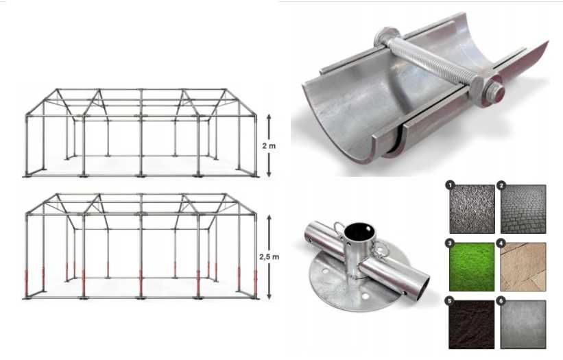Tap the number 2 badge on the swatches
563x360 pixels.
(502, 184)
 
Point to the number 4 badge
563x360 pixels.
(502, 243)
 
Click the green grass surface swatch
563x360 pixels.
(472, 267)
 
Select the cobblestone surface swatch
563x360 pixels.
(524, 208)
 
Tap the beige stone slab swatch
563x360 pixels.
(524, 267)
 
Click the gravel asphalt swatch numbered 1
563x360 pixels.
(472, 208)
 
